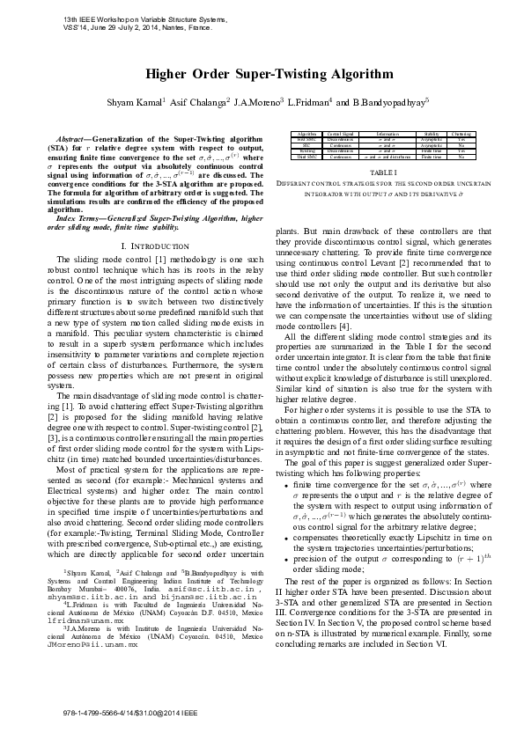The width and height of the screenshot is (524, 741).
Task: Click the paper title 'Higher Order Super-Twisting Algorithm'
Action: click(x=262, y=77)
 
